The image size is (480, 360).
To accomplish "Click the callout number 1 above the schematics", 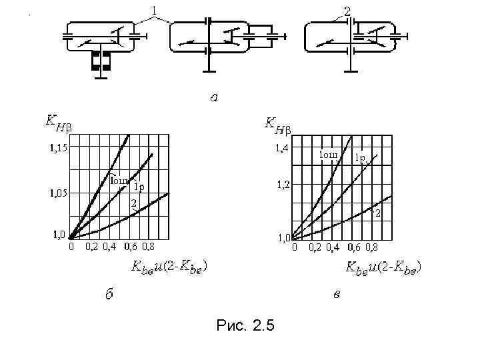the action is tap(155, 10).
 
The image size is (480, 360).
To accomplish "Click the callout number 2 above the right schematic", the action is tap(347, 10).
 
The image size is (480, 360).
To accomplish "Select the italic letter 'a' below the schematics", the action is tap(214, 97).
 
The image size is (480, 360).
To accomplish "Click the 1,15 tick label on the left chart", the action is tap(57, 148).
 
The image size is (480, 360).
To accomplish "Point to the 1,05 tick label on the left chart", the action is tap(57, 193).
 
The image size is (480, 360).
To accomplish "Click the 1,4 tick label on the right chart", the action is tap(283, 148).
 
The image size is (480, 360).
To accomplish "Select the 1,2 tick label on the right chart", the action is tap(283, 185).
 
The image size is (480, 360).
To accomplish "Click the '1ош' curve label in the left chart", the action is tap(119, 180).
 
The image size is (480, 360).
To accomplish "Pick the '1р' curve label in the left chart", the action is tap(139, 186).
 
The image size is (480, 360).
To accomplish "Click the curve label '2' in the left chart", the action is tap(133, 203).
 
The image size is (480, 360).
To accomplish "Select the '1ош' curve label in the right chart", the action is tap(328, 155).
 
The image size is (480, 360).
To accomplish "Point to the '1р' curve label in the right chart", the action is tap(360, 158).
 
